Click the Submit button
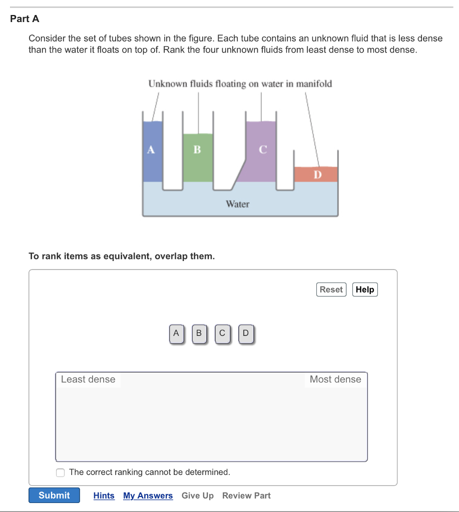pos(54,495)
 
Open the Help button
pos(365,289)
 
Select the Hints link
pos(104,495)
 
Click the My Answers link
pos(148,495)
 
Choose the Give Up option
pos(197,495)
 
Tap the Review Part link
pos(246,495)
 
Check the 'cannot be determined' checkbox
pos(61,472)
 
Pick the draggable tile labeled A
pos(176,333)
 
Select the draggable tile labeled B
pos(199,333)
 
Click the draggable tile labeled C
pos(222,333)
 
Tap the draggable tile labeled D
pos(245,333)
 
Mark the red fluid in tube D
pos(316,174)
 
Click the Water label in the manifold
pos(237,204)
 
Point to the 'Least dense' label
pos(88,379)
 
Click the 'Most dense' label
pos(335,379)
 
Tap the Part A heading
pos(25,19)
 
